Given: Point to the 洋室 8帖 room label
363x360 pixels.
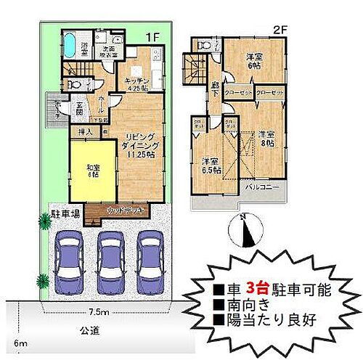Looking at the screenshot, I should (266, 139).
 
